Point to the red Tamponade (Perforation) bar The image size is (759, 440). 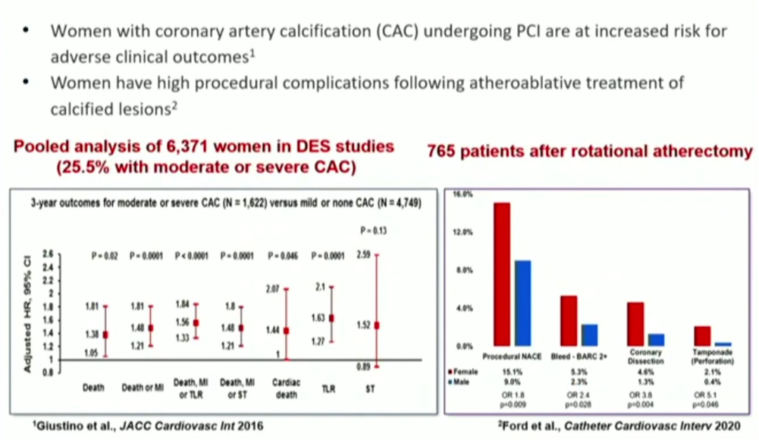[702, 336]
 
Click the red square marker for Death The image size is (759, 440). [106, 335]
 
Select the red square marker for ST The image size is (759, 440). [377, 325]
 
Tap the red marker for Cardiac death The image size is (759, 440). [286, 330]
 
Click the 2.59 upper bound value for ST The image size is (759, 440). [363, 254]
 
